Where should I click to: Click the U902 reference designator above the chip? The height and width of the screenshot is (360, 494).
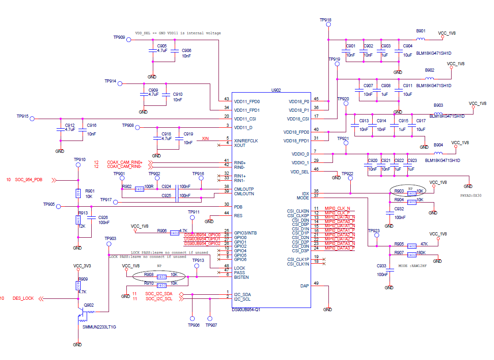point(276,90)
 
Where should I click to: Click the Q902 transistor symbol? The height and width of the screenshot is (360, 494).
point(81,315)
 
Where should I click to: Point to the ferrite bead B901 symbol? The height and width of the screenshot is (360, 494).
point(421,39)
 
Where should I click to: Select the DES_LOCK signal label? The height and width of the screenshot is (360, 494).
point(23,298)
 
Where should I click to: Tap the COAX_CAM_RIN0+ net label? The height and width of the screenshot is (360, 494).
point(125,162)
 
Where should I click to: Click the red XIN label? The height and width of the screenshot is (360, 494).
point(205,139)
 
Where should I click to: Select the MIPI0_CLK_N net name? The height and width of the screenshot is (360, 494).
point(337,209)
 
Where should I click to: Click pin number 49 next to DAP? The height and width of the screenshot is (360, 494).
point(316,283)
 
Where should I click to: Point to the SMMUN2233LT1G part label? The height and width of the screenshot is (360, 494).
point(99,327)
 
